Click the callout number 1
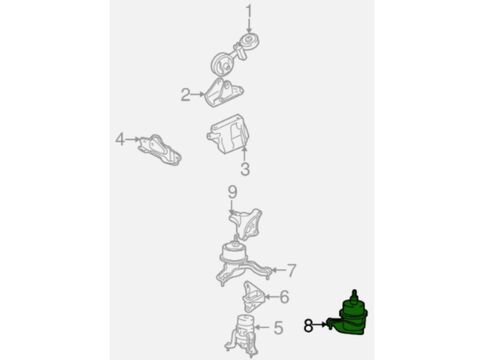click(x=249, y=12)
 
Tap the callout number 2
click(x=185, y=95)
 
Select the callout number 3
click(x=245, y=169)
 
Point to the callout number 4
click(x=120, y=139)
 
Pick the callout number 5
click(x=278, y=328)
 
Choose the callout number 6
click(x=284, y=297)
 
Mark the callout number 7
click(x=291, y=270)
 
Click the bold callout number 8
click(x=309, y=325)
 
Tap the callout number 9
click(x=233, y=192)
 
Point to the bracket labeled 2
click(x=223, y=92)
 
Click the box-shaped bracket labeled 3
click(x=229, y=134)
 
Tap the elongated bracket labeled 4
click(x=160, y=150)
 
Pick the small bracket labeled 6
click(x=253, y=296)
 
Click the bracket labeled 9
click(x=246, y=224)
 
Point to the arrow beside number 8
click(x=320, y=324)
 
